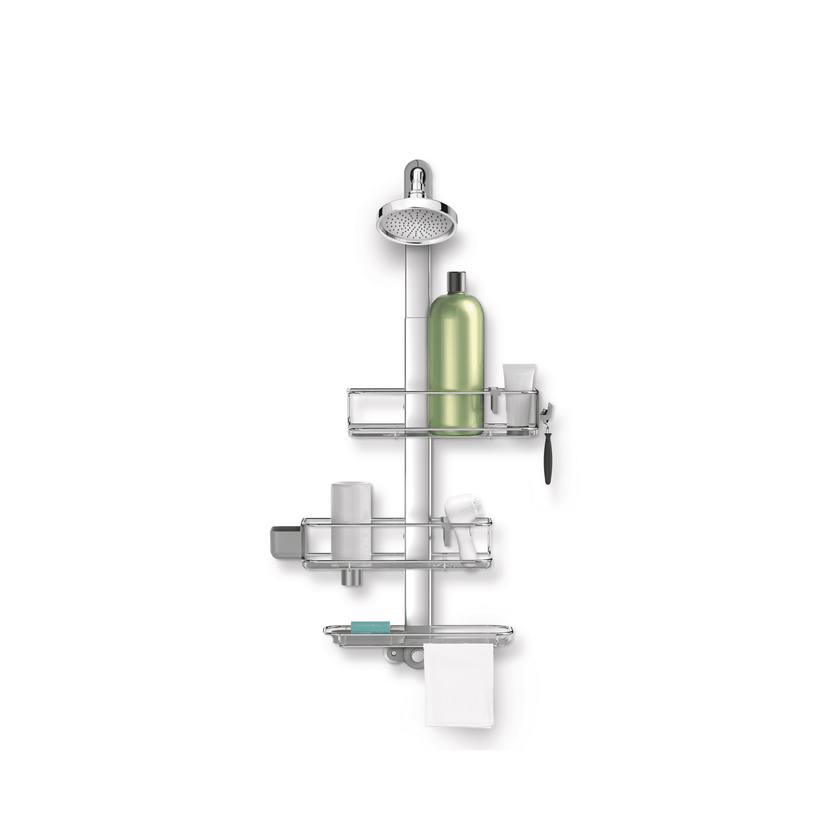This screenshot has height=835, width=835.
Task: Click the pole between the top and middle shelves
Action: pos(417,476)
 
